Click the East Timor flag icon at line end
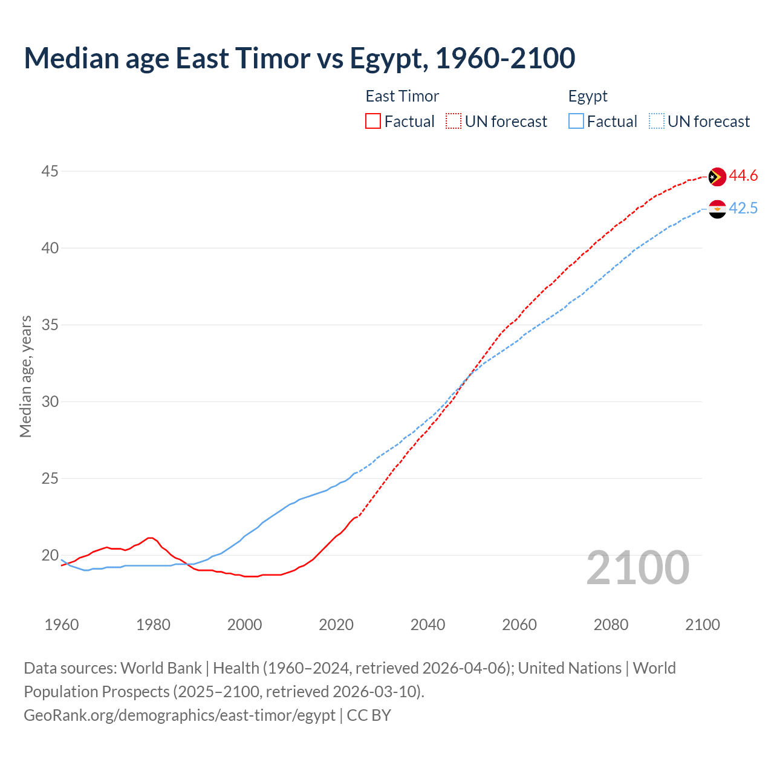[717, 177]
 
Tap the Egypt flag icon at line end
[717, 209]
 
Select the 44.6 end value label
[743, 176]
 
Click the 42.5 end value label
[743, 209]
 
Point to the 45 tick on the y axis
[50, 172]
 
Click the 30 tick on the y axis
[50, 402]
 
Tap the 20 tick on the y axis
[50, 556]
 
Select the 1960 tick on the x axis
[62, 625]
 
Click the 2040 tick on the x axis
[428, 625]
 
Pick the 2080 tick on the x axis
[611, 625]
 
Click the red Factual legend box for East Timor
[373, 122]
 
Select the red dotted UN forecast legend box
[454, 122]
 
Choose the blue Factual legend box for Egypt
[576, 122]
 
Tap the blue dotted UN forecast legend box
[657, 122]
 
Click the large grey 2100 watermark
[638, 568]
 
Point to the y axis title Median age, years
[25, 376]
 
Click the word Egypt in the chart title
[386, 59]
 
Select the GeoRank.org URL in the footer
[179, 715]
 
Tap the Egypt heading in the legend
[588, 97]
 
